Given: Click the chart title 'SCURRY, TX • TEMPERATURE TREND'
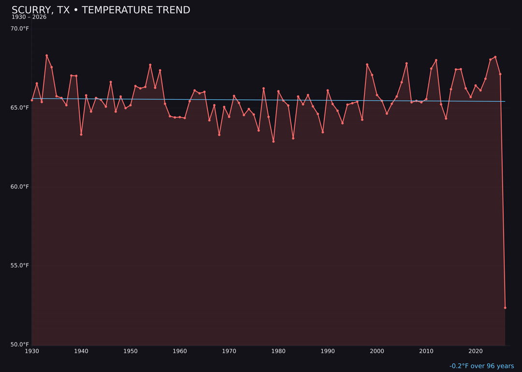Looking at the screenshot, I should click(101, 10).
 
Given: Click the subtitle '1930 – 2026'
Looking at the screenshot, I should click(29, 17).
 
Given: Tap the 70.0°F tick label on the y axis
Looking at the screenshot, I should click(20, 29).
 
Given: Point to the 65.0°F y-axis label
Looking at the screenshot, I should click(20, 108).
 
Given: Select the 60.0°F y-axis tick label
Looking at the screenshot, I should click(20, 186).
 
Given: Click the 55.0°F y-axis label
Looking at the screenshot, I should click(20, 265).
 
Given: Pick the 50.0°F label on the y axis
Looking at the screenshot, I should click(20, 344).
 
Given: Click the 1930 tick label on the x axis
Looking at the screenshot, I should click(32, 351).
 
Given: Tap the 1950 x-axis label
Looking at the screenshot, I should click(130, 351).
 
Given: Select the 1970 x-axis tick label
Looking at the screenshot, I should click(229, 351).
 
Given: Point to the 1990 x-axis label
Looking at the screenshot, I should click(328, 351).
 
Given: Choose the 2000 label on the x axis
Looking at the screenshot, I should click(377, 351).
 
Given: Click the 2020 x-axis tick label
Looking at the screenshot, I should click(476, 351).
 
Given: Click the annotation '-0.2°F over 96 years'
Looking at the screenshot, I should click(481, 366).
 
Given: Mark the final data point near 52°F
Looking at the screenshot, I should click(505, 308).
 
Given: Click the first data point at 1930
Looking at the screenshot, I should click(32, 100).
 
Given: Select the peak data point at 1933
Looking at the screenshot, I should click(47, 56).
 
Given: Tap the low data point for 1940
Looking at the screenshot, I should click(81, 134).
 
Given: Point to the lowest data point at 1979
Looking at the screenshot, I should click(274, 141).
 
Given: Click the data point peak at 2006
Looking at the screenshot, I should click(406, 63).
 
